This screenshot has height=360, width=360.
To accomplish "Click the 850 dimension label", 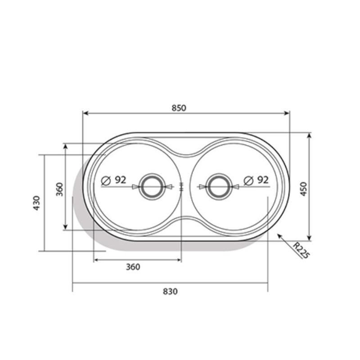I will click(179, 108).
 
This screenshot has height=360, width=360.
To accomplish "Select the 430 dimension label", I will click(36, 203).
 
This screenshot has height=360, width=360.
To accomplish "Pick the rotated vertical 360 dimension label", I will click(59, 189).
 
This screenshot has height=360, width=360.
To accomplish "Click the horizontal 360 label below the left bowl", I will click(133, 267).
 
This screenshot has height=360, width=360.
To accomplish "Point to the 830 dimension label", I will click(170, 291).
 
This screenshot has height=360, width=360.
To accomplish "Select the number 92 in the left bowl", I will click(120, 180).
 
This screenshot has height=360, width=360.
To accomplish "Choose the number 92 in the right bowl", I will click(262, 180).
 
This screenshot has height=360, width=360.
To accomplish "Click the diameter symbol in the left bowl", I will click(106, 181).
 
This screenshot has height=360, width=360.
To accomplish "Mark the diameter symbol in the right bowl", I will click(248, 181).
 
